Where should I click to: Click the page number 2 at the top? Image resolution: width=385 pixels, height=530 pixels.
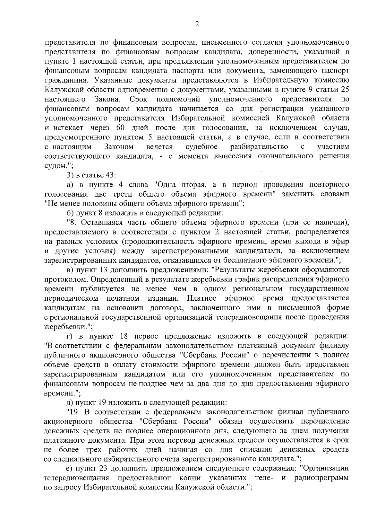(x=197, y=24)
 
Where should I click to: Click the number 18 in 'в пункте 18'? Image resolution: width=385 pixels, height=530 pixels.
(x=124, y=336)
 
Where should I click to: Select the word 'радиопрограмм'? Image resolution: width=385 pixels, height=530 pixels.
(x=322, y=477)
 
